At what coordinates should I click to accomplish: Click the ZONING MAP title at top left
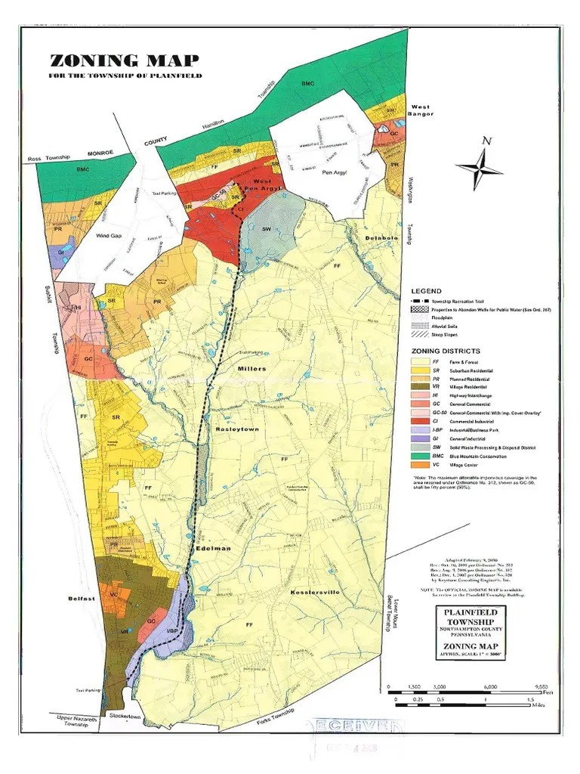pos(125,61)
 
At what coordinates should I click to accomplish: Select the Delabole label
pos(381,238)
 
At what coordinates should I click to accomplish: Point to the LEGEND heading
pos(426,290)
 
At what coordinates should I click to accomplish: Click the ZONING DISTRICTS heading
pos(446,351)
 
